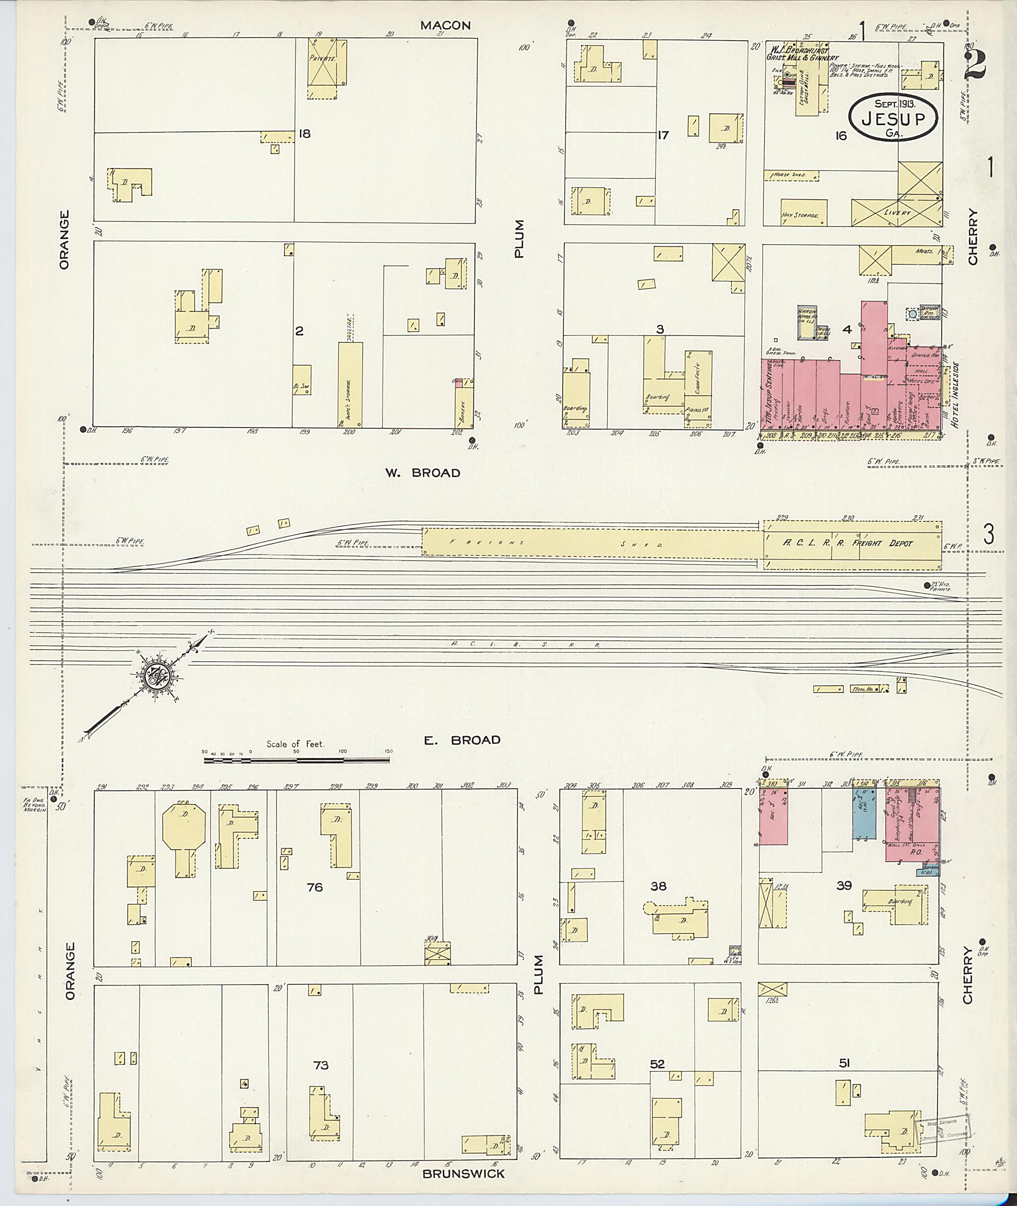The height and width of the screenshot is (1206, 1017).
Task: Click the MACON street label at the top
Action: pyautogui.click(x=445, y=25)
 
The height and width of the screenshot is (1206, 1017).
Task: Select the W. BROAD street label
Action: pyautogui.click(x=423, y=473)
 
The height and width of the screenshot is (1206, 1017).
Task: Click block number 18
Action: pyautogui.click(x=304, y=134)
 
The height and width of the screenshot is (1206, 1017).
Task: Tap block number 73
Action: pyautogui.click(x=321, y=1065)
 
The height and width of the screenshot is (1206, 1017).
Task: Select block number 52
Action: pyautogui.click(x=657, y=1064)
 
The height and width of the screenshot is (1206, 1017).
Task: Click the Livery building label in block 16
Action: pyautogui.click(x=897, y=213)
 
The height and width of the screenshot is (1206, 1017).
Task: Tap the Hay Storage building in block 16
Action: pyautogui.click(x=803, y=213)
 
